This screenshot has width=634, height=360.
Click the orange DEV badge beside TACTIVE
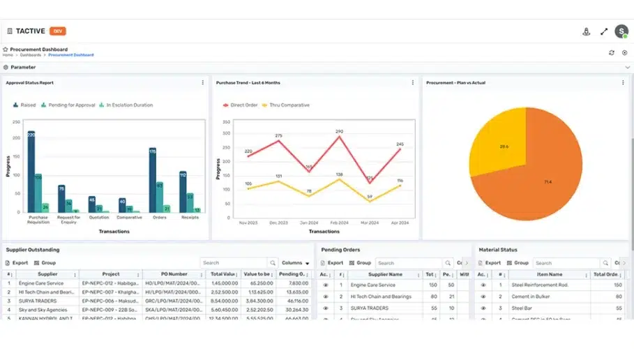tap(58, 31)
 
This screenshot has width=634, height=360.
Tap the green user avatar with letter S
tap(621, 31)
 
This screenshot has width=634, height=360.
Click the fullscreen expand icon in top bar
tap(604, 31)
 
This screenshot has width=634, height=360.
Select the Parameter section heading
tap(23, 68)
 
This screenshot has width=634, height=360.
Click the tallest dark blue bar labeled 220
tap(31, 171)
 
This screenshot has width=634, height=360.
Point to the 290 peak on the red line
tap(339, 136)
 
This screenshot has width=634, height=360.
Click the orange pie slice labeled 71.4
tap(548, 181)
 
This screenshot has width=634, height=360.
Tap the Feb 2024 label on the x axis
tap(340, 223)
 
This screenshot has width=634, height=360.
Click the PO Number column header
tap(174, 274)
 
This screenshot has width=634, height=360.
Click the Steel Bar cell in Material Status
tap(522, 308)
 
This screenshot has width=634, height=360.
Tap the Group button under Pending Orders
tap(360, 263)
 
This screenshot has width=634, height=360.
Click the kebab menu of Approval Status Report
tap(203, 82)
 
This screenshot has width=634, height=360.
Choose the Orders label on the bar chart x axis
tap(158, 217)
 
